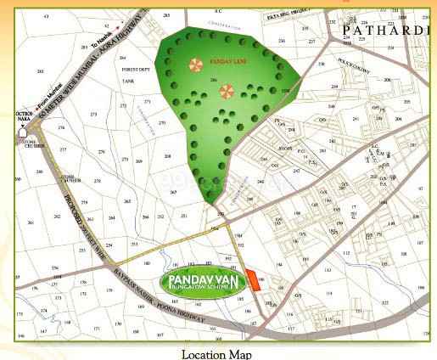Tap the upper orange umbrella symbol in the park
point(196,65)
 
